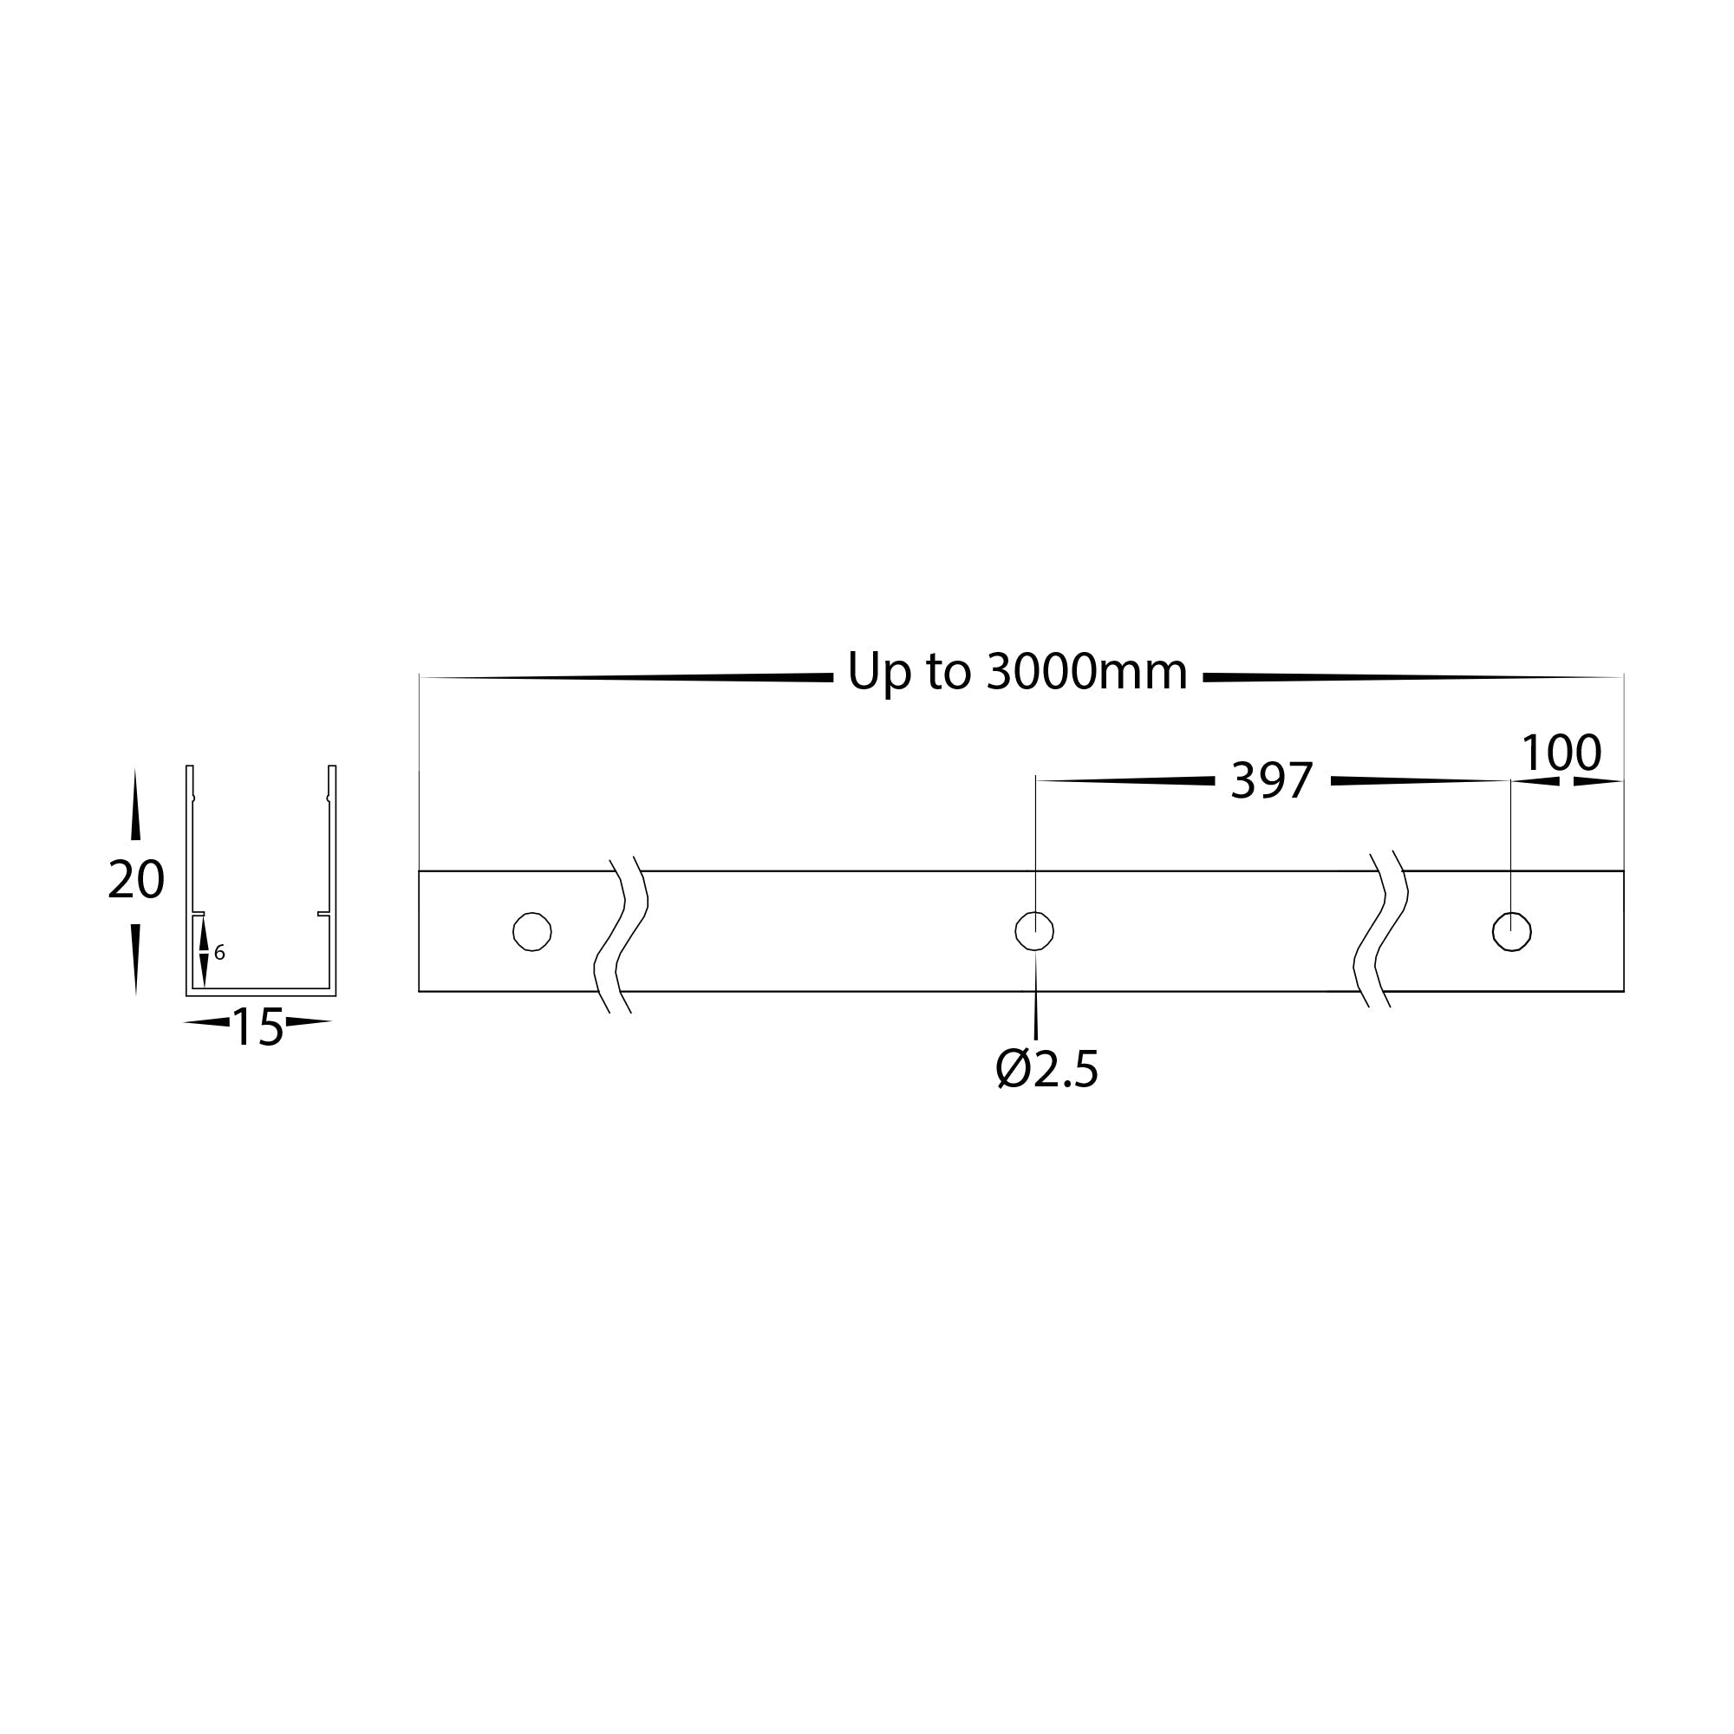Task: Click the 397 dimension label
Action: click(1271, 781)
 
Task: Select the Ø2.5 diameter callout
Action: click(1046, 1069)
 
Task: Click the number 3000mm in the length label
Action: click(1086, 671)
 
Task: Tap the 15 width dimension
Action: click(257, 1027)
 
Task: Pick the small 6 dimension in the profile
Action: click(220, 952)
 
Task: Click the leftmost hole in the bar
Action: click(531, 932)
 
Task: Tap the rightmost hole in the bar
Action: click(1511, 932)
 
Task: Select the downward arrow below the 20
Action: click(135, 959)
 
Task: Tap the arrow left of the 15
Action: click(207, 1021)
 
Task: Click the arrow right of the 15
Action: click(308, 1021)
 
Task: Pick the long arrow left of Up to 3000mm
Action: click(629, 678)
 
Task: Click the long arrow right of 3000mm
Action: click(1409, 678)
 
